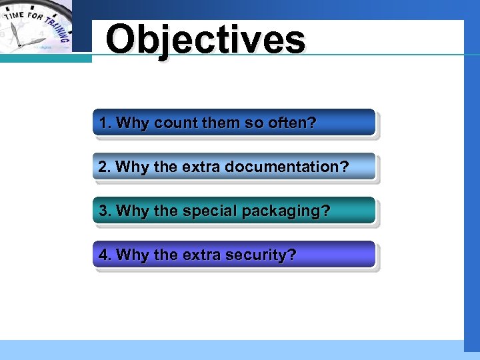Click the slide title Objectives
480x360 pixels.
pyautogui.click(x=205, y=40)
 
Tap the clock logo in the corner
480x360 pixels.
pyautogui.click(x=37, y=27)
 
